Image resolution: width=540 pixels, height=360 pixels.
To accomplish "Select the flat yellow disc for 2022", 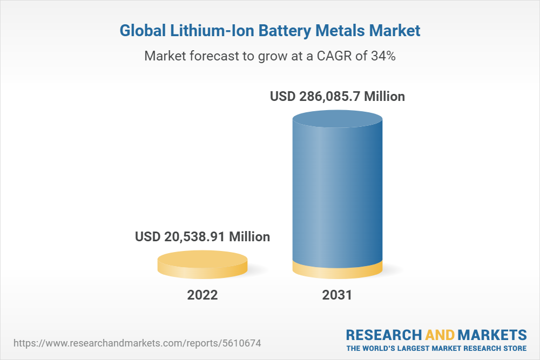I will pyautogui.click(x=202, y=264).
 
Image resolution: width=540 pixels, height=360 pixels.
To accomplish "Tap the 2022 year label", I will pyautogui.click(x=202, y=295).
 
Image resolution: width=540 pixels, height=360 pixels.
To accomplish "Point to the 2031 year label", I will pyautogui.click(x=337, y=295).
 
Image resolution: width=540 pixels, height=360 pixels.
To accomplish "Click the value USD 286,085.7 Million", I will pyautogui.click(x=337, y=97).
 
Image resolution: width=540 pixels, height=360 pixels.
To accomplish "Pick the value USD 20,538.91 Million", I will pyautogui.click(x=202, y=236).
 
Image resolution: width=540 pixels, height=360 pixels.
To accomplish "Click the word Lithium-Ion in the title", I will pyautogui.click(x=201, y=31).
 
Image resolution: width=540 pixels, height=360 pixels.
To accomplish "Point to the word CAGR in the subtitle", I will pyautogui.click(x=334, y=56).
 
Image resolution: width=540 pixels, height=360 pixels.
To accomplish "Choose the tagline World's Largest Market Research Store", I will pyautogui.click(x=436, y=348).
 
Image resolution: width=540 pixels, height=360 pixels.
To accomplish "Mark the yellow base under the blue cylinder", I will pyautogui.click(x=337, y=271).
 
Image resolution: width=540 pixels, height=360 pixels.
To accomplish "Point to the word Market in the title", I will pyautogui.click(x=394, y=31).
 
